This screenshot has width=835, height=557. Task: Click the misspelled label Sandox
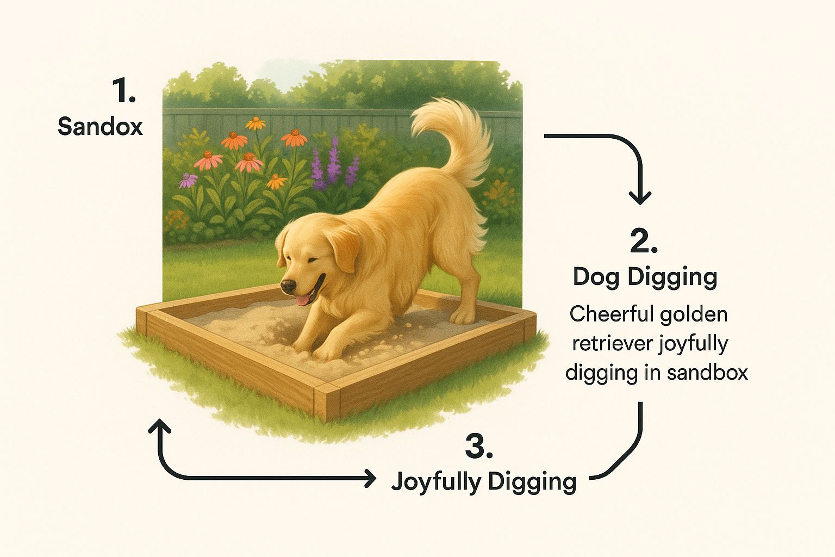(x=100, y=126)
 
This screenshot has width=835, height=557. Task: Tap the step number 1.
(x=124, y=91)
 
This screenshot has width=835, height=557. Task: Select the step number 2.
(x=644, y=241)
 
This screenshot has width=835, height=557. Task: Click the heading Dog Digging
(x=645, y=277)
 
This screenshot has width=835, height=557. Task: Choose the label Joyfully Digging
(x=484, y=482)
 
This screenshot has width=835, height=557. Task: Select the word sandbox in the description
(x=707, y=372)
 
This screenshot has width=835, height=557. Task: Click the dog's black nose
(x=289, y=286)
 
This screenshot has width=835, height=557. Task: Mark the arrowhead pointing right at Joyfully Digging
(x=370, y=478)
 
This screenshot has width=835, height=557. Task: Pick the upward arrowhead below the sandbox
(x=159, y=426)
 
